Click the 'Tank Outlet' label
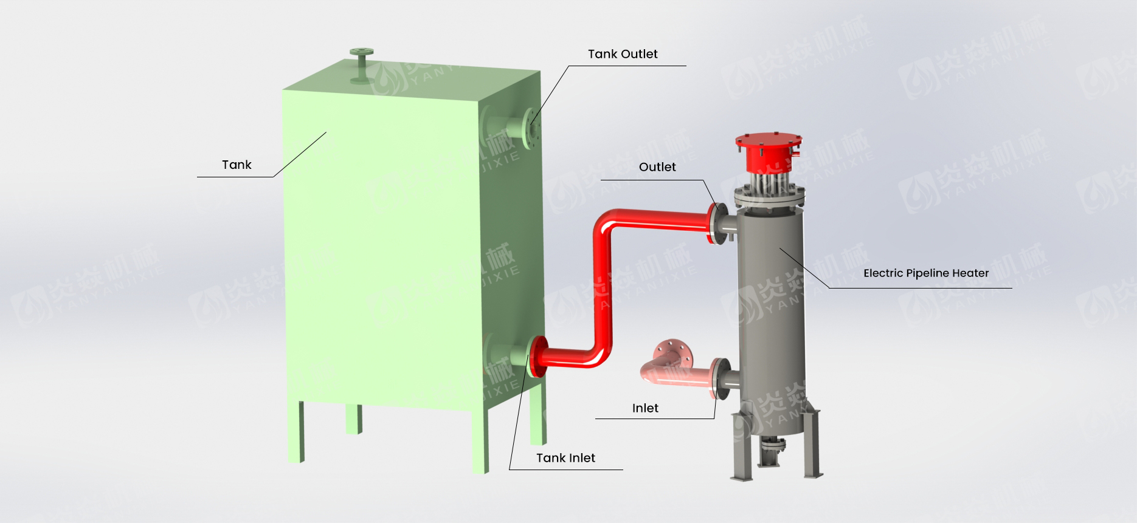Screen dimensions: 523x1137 pyautogui.click(x=622, y=54)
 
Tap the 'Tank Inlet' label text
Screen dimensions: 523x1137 pyautogui.click(x=565, y=458)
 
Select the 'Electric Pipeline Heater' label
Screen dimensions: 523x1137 pyautogui.click(x=926, y=273)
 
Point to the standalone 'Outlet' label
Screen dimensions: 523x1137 pyautogui.click(x=657, y=167)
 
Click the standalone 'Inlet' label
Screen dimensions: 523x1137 pyautogui.click(x=645, y=408)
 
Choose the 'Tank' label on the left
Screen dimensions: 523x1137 pyautogui.click(x=237, y=165)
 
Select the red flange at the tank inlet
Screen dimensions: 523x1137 pyautogui.click(x=536, y=357)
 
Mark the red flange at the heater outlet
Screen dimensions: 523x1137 pyautogui.click(x=713, y=223)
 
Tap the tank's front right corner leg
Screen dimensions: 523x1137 pyautogui.click(x=480, y=440)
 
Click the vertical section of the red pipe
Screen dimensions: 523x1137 pyautogui.click(x=603, y=285)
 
